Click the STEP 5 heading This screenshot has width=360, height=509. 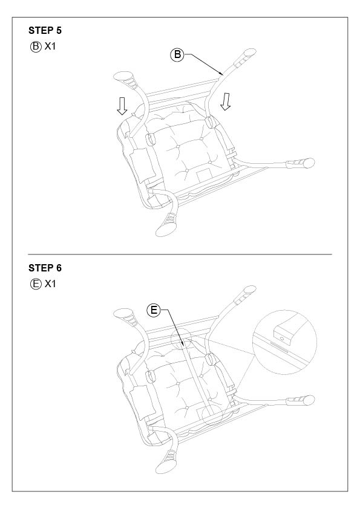pos(45,30)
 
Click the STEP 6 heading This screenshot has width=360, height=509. pos(45,268)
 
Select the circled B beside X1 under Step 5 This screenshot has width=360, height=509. pos(36,47)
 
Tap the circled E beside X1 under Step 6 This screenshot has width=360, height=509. pos(36,284)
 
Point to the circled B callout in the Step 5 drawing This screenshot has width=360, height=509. pos(177,54)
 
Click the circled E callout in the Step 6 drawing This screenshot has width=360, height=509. pos(154,310)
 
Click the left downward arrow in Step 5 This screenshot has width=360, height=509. pos(122,106)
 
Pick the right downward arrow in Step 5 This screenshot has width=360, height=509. pos(225,102)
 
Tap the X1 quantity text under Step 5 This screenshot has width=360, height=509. pos(50,47)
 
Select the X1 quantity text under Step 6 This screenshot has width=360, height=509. pos(50,284)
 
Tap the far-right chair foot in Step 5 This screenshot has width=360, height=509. pos(301,163)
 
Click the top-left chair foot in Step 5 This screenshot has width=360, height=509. pos(125,80)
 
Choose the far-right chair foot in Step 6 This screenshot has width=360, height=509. pos(301,401)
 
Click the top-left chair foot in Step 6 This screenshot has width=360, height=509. pos(125,317)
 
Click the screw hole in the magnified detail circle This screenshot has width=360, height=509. pos(281,339)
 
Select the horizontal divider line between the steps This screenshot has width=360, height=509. pos(180,254)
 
